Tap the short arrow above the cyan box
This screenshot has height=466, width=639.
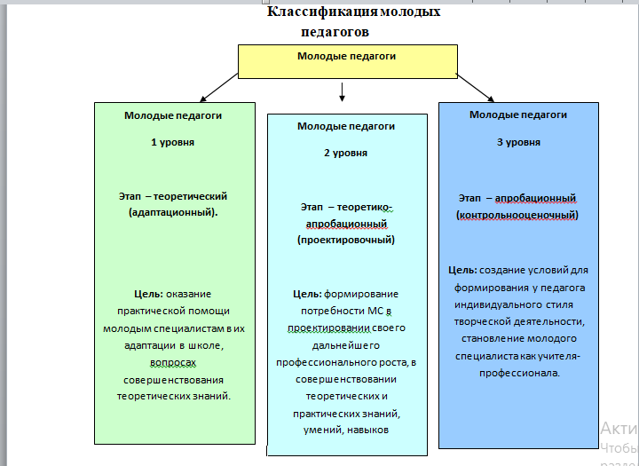pos(342,92)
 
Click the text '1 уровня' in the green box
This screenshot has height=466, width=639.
pos(173,142)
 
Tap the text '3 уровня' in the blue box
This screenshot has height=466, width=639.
pos(518,142)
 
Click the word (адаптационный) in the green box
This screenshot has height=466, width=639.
pos(172,213)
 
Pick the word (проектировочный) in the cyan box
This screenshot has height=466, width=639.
pos(346,240)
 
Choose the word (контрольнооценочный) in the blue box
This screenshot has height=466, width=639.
pos(517,215)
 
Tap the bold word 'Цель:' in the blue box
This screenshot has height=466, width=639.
pos(463,270)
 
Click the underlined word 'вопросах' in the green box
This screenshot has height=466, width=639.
pos(173,363)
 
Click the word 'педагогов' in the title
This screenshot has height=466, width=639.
pos(335,31)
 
